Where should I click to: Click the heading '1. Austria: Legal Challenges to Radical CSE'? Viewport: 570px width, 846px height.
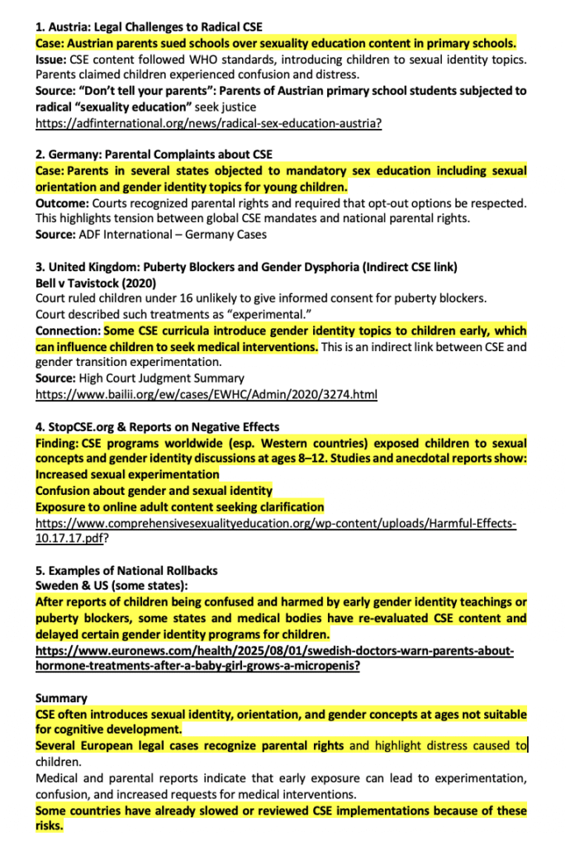click(x=149, y=26)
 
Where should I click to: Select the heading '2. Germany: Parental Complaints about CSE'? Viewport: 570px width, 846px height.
click(x=154, y=154)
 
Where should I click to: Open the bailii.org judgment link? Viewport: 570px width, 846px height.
click(x=206, y=394)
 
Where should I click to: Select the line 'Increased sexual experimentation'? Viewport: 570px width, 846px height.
click(x=127, y=474)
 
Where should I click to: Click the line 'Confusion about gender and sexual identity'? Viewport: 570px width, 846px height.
click(x=154, y=491)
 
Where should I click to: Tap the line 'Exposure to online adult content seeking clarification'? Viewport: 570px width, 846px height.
click(x=179, y=506)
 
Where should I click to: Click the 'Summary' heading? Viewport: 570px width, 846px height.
click(x=61, y=698)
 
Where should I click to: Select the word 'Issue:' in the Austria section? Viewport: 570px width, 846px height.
click(x=50, y=59)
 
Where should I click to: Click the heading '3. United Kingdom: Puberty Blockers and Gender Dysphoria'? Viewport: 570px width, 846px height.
click(x=246, y=267)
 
